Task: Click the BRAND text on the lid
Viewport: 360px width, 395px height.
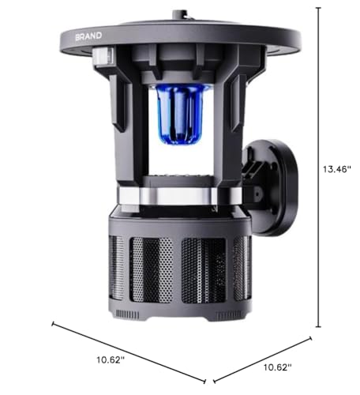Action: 88,36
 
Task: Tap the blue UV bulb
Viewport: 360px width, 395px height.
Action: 180,114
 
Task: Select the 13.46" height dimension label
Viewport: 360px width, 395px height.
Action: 337,169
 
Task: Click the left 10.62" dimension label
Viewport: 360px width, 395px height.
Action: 111,359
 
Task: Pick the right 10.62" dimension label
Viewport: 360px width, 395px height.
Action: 278,367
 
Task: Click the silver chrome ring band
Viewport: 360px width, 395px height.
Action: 180,196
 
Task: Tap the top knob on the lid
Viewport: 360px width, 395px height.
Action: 180,14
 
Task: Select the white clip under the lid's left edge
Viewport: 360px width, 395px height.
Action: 103,56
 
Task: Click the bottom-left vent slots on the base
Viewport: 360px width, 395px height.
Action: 128,314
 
